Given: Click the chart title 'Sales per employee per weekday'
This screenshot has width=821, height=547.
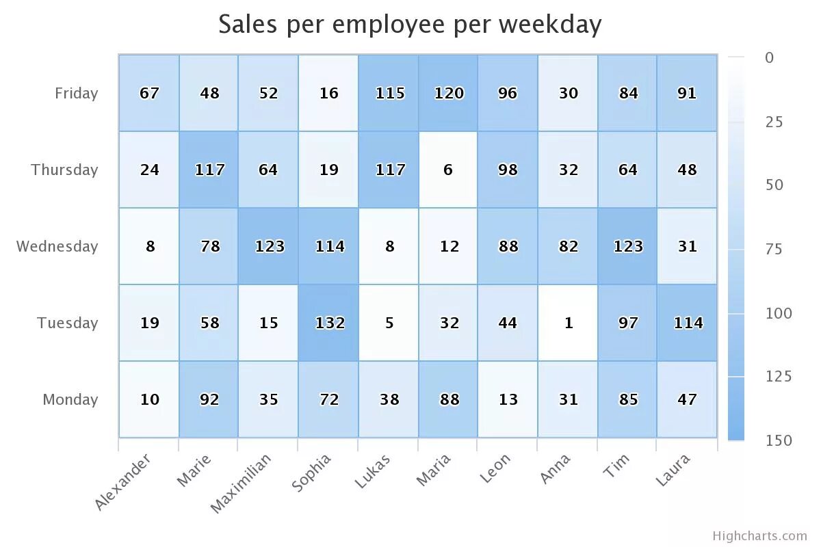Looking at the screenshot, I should pyautogui.click(x=410, y=24).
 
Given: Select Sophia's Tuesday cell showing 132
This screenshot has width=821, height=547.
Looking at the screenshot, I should pyautogui.click(x=328, y=323).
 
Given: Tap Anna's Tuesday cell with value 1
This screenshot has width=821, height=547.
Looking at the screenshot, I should pyautogui.click(x=568, y=323).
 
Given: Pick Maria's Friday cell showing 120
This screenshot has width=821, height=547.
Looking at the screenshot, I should pyautogui.click(x=448, y=93).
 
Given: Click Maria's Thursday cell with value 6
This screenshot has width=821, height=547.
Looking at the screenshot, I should pyautogui.click(x=448, y=170).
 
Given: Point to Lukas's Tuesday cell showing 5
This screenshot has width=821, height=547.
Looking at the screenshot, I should pyautogui.click(x=389, y=323).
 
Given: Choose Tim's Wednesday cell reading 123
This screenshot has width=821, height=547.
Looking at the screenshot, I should pyautogui.click(x=627, y=246).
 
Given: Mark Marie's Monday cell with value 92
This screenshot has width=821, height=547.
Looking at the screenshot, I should pyautogui.click(x=209, y=399).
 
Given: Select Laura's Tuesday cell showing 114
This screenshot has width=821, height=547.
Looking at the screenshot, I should pyautogui.click(x=687, y=323).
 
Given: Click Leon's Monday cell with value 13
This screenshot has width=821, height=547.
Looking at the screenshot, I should pyautogui.click(x=508, y=399).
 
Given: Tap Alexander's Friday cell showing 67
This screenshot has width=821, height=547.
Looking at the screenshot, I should pyautogui.click(x=149, y=93).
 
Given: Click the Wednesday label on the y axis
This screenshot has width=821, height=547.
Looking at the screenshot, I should pyautogui.click(x=57, y=246).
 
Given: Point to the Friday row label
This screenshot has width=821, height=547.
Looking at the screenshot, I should pyautogui.click(x=76, y=93).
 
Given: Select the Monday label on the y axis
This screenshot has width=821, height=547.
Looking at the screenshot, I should pyautogui.click(x=70, y=399).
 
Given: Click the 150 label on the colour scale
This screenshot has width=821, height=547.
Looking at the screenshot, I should pyautogui.click(x=778, y=440).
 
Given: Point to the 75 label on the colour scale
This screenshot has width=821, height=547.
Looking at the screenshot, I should pyautogui.click(x=773, y=249).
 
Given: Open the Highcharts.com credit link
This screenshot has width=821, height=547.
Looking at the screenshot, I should pyautogui.click(x=759, y=536).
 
